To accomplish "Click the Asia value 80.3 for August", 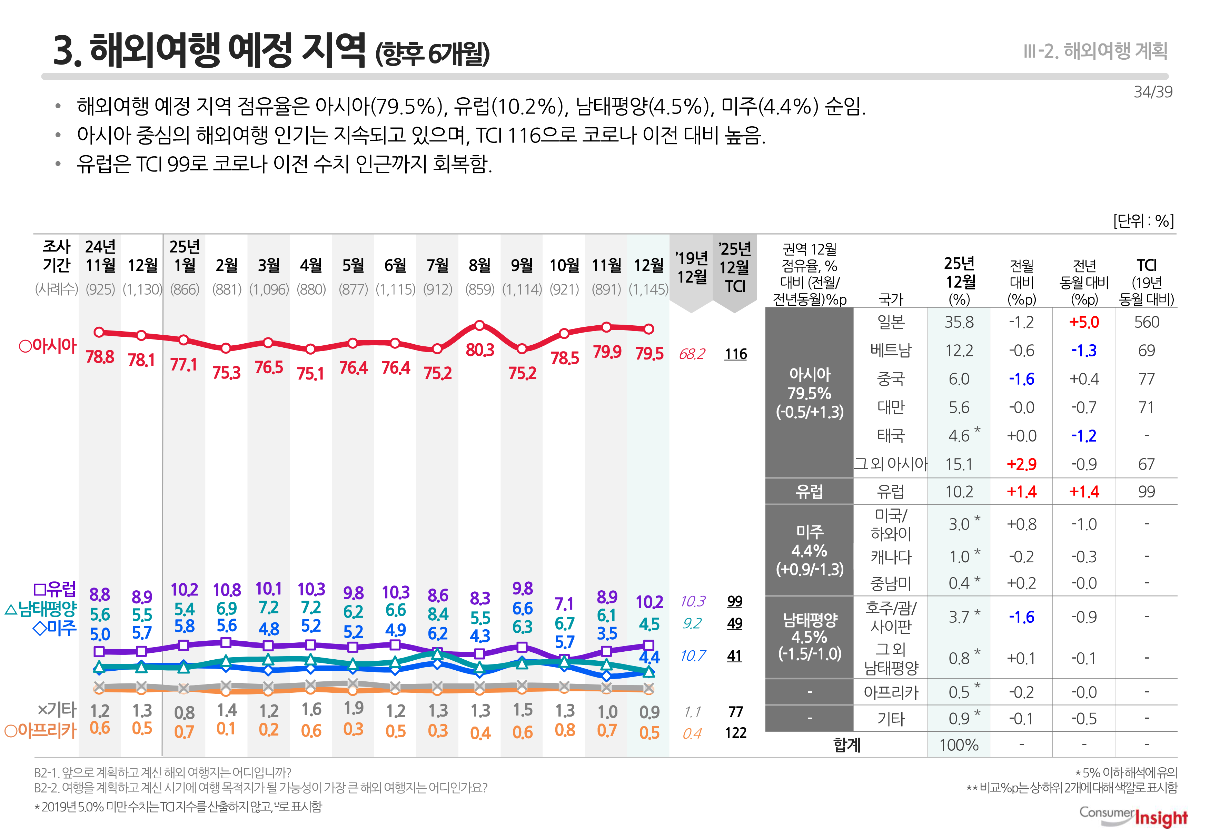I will (x=480, y=350).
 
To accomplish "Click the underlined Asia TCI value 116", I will (x=735, y=354).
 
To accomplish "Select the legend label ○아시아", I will (x=47, y=346).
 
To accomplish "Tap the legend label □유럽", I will (x=54, y=590).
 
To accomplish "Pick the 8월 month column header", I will (x=479, y=266).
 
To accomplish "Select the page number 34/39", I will (x=1152, y=92).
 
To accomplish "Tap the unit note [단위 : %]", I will (x=1143, y=220).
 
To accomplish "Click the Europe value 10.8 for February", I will (x=226, y=590).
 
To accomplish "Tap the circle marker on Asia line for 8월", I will (x=479, y=326).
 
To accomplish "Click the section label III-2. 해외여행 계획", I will (x=1095, y=51).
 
